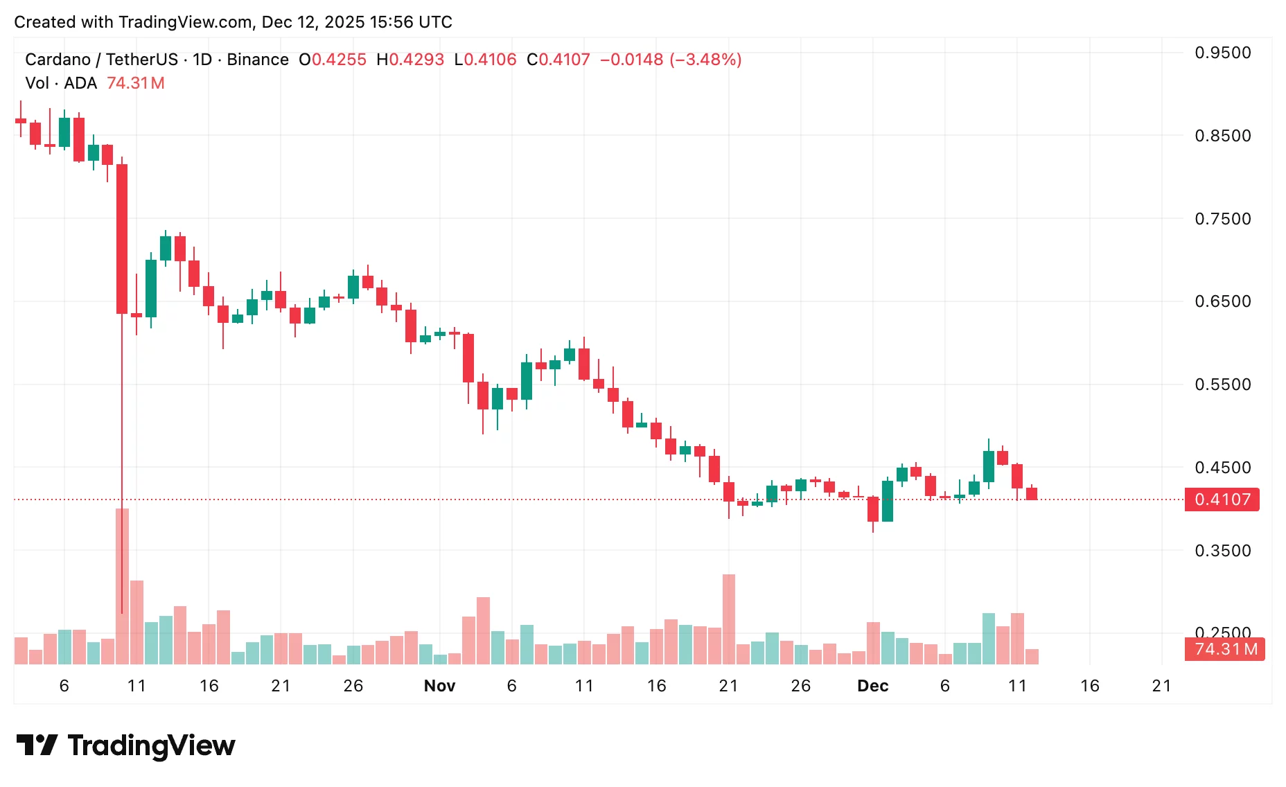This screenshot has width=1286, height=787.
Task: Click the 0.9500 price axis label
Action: tap(1222, 53)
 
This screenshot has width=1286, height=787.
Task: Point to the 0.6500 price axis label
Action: tap(1222, 301)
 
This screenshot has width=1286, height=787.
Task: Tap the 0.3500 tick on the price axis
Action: tap(1222, 551)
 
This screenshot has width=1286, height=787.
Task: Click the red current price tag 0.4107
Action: tap(1222, 499)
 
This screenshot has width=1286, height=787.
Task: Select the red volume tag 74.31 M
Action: tap(1224, 649)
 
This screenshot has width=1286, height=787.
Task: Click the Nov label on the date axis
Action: tap(439, 686)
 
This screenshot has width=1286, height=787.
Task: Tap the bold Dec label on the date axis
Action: tap(872, 686)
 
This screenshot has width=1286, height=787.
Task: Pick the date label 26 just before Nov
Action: tap(353, 686)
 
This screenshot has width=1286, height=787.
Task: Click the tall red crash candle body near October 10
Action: tap(122, 239)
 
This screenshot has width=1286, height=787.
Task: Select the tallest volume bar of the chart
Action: tap(122, 586)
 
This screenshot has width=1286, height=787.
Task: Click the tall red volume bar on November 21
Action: tap(728, 619)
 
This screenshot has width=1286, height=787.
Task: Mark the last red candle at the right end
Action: tap(1032, 493)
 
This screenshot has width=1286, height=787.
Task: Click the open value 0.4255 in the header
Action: tap(339, 60)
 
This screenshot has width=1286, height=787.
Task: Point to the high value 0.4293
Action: tap(416, 60)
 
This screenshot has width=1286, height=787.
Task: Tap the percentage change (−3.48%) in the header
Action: tap(705, 60)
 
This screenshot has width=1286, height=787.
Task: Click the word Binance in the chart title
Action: tap(258, 60)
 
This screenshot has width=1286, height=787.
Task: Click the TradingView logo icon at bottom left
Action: tap(37, 745)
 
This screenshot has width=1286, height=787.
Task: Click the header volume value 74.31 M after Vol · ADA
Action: tap(136, 83)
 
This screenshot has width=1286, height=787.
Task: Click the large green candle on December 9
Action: tap(989, 466)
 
